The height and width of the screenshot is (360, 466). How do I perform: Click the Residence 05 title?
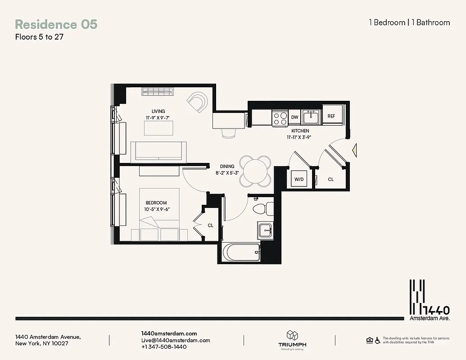pyautogui.click(x=56, y=24)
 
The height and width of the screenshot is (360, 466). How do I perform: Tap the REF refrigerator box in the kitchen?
pyautogui.click(x=331, y=116)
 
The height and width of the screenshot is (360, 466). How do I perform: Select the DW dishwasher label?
pyautogui.click(x=294, y=117)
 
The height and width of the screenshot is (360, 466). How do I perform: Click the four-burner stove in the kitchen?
pyautogui.click(x=280, y=118)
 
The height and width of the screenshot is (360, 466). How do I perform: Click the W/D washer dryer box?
pyautogui.click(x=299, y=179)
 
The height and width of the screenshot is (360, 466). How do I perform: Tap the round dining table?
pyautogui.click(x=255, y=171)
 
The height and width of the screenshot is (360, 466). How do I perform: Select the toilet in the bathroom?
pyautogui.click(x=262, y=209)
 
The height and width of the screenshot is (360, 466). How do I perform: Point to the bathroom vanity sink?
pyautogui.click(x=265, y=231)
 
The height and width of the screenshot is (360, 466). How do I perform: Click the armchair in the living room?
pyautogui.click(x=198, y=102)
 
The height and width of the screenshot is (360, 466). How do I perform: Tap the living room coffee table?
pyautogui.click(x=158, y=128)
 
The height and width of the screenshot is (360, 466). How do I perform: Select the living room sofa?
pyautogui.click(x=158, y=152)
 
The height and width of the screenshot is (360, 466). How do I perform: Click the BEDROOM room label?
pyautogui.click(x=156, y=203)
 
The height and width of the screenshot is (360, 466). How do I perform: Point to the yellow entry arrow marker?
pyautogui.click(x=354, y=148)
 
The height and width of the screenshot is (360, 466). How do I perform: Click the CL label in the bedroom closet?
pyautogui.click(x=210, y=225)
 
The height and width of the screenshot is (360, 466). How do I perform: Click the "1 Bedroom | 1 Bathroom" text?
pyautogui.click(x=409, y=22)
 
